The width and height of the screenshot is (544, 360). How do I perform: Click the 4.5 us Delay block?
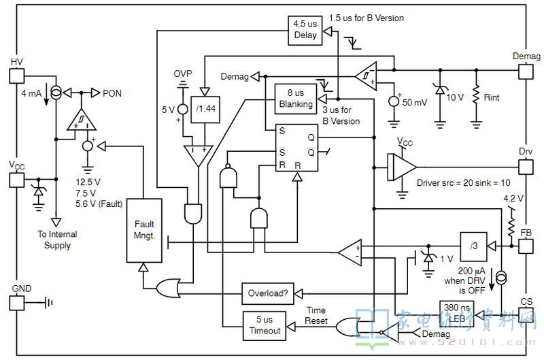click(x=305, y=30)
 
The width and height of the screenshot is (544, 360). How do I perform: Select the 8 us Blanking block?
click(x=296, y=99)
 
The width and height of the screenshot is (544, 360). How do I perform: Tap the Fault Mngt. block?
click(x=144, y=231)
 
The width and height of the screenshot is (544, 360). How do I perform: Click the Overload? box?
click(x=268, y=294)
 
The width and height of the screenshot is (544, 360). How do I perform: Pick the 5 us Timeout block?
click(x=265, y=325)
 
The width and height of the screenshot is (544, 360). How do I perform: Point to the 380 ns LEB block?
click(x=456, y=314)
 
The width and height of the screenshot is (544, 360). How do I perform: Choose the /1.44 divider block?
click(x=205, y=110)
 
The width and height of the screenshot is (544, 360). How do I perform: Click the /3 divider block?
click(x=473, y=246)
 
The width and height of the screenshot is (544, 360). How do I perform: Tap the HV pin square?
click(x=16, y=76)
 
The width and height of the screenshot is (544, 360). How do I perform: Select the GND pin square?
click(x=16, y=303)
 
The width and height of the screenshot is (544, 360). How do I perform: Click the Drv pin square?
click(x=526, y=167)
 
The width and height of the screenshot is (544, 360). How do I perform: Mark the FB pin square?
click(x=526, y=246)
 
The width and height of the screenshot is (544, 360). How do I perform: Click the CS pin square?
click(x=526, y=315)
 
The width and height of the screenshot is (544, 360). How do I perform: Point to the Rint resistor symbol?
click(x=477, y=94)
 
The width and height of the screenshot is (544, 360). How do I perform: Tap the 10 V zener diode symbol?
click(x=440, y=90)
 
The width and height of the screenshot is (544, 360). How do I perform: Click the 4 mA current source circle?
click(x=56, y=93)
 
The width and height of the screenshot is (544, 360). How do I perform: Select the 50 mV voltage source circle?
click(x=394, y=101)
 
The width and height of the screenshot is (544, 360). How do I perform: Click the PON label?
click(x=112, y=93)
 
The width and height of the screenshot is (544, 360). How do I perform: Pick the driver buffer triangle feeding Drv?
click(x=402, y=167)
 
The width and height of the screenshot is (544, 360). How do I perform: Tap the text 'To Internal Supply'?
click(x=57, y=240)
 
